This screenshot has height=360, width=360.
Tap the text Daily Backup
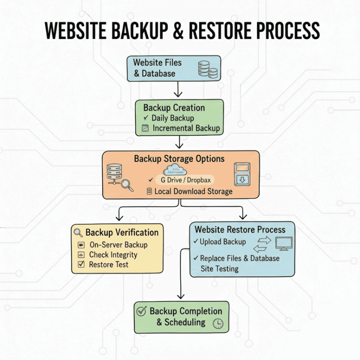pos(173,118)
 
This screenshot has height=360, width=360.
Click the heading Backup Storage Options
pos(179,159)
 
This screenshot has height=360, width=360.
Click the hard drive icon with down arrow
pos(242,174)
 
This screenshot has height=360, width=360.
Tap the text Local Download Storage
pos(193,191)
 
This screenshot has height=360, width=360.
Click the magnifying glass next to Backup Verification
pos(78,232)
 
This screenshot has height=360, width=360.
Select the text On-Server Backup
pos(118,245)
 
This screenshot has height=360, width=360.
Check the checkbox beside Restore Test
pos(81,264)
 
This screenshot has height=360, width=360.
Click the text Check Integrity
pos(113,255)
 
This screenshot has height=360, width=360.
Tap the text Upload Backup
pos(223,242)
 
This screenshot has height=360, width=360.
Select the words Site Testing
pos(219,269)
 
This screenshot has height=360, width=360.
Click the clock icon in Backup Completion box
pos(218,323)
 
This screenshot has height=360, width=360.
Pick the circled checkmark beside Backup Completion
pos(141,311)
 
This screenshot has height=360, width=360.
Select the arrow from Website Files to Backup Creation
pos(178,89)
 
